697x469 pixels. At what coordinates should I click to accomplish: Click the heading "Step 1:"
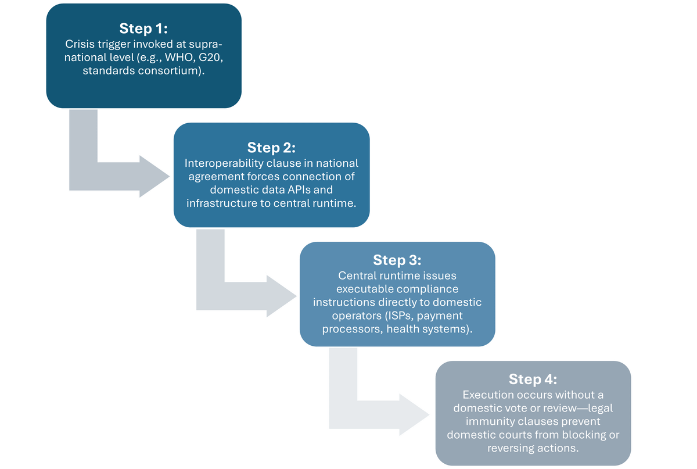tap(143, 28)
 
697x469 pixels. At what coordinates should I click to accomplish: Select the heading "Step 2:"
tap(271, 148)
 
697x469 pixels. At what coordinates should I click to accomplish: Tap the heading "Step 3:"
tap(397, 259)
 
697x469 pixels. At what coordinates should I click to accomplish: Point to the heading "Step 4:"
tap(533, 379)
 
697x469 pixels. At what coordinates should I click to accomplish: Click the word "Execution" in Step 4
tap(487, 395)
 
